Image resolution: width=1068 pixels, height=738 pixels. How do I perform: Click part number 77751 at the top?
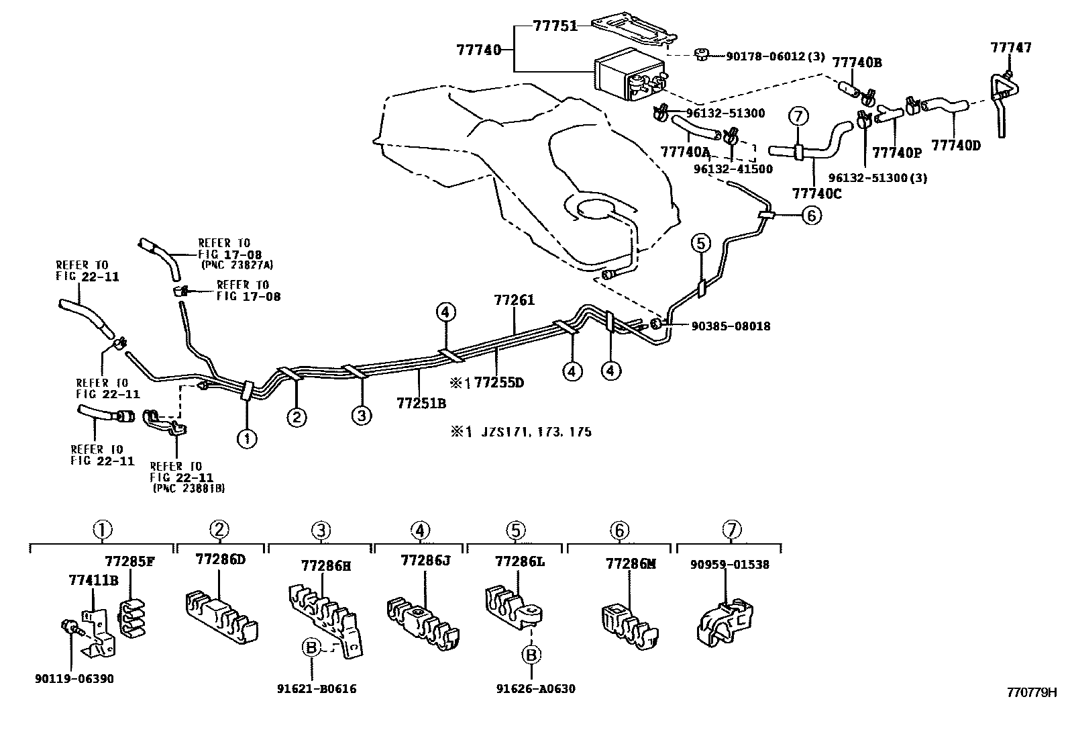click(555, 26)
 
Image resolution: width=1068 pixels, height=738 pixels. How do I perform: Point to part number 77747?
click(1011, 47)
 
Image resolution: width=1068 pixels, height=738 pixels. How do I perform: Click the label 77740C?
click(816, 193)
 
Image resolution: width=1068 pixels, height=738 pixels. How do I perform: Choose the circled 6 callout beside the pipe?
click(812, 216)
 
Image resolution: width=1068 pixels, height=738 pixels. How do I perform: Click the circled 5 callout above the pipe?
click(700, 244)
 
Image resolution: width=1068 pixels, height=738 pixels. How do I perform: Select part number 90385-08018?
click(731, 326)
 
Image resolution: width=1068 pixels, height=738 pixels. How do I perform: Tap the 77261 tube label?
click(515, 299)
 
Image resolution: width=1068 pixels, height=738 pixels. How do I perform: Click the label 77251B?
click(421, 404)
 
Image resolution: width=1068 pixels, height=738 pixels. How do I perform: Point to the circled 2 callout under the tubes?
click(297, 418)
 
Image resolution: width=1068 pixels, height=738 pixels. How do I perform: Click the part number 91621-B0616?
click(317, 688)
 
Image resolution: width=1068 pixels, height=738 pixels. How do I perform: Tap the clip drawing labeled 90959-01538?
click(725, 622)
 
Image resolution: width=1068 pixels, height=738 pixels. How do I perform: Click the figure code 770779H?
click(1032, 692)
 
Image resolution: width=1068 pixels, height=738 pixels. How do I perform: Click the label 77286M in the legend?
click(631, 564)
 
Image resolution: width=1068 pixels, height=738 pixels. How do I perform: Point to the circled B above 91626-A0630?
click(531, 655)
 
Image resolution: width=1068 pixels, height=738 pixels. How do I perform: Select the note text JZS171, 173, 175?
click(536, 432)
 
